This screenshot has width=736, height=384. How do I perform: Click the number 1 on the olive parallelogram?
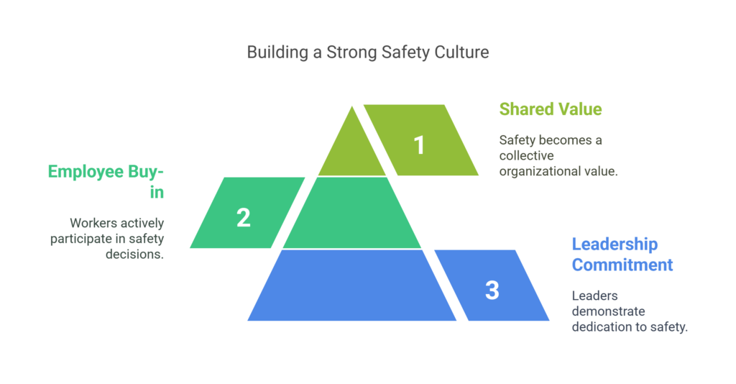point(419,145)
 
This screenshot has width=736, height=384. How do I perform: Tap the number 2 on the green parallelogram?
point(243,218)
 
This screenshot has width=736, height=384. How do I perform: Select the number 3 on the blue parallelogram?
point(492,291)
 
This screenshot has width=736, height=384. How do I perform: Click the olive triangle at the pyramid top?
point(352,148)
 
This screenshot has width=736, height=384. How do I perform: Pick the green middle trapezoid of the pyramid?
point(352,212)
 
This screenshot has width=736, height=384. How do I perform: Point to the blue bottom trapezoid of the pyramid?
point(352,285)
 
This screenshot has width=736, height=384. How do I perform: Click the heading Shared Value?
point(551,109)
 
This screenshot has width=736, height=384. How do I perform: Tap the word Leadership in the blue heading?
point(615,244)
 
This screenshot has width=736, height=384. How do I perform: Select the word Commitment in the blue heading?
point(622,265)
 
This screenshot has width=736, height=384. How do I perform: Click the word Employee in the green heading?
point(86,173)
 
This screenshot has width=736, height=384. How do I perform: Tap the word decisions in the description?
point(134,255)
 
